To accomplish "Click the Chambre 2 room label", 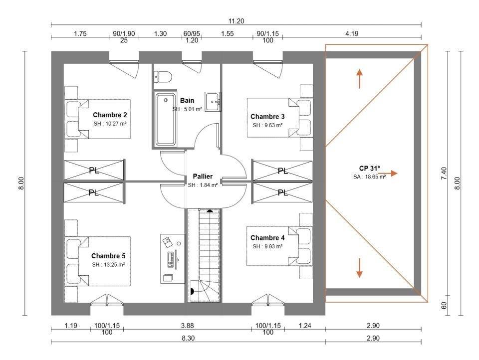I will coord(110,115).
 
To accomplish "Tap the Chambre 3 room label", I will coord(267,117).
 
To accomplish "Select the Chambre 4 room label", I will coord(267,238).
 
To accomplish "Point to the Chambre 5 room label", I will coord(108,256).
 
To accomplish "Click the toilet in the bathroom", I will coord(163,76).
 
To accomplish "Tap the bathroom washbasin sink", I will coord(213,102).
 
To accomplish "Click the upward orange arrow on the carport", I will coord(359,79).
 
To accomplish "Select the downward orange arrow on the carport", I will coord(359,268).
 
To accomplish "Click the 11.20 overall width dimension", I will coord(237,20).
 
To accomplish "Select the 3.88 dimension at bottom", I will coord(187,326).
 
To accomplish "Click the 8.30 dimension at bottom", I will coord(187,338).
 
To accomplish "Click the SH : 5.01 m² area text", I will coord(187,109).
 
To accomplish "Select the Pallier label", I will coord(203,177).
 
